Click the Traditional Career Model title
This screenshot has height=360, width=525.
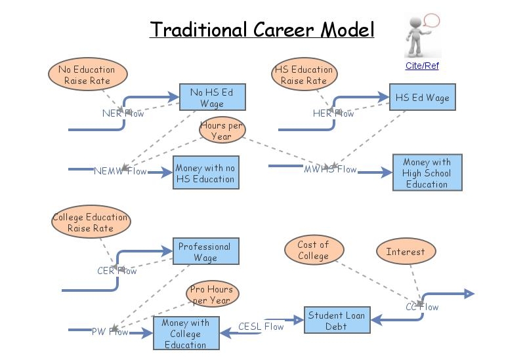(x=262, y=30)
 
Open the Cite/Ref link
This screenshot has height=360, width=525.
(x=422, y=66)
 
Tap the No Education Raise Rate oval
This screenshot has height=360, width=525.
(x=86, y=75)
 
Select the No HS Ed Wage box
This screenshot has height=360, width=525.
(x=212, y=98)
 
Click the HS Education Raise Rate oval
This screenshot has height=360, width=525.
(x=303, y=75)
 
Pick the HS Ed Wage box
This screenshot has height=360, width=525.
(x=422, y=98)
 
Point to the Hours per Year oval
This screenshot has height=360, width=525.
(x=221, y=131)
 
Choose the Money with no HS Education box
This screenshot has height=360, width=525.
(x=205, y=173)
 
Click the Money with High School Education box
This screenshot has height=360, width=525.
(x=427, y=173)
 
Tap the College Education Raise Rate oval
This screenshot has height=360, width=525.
(x=91, y=223)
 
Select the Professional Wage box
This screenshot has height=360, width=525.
(x=205, y=252)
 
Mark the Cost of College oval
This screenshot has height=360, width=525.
(x=313, y=250)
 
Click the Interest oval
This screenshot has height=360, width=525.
(x=405, y=251)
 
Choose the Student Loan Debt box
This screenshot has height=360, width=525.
(x=336, y=321)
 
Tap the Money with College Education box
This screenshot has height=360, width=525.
(x=185, y=334)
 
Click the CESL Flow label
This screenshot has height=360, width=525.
(x=261, y=326)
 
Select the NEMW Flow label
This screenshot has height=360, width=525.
(x=120, y=172)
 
